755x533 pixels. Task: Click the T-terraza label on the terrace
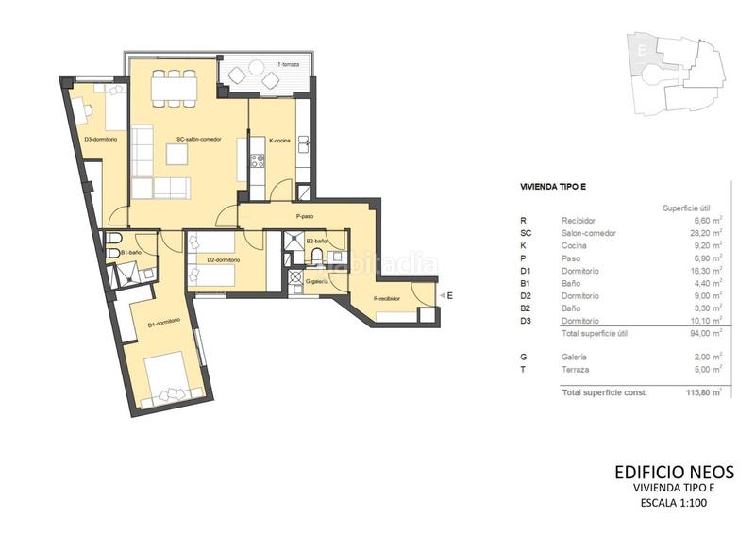288,64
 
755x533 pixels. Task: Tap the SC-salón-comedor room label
198,140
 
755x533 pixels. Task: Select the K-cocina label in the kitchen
280,140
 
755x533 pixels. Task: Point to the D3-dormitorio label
100,140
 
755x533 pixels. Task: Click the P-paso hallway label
304,216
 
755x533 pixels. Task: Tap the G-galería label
316,281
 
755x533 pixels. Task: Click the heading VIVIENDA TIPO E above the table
557,188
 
